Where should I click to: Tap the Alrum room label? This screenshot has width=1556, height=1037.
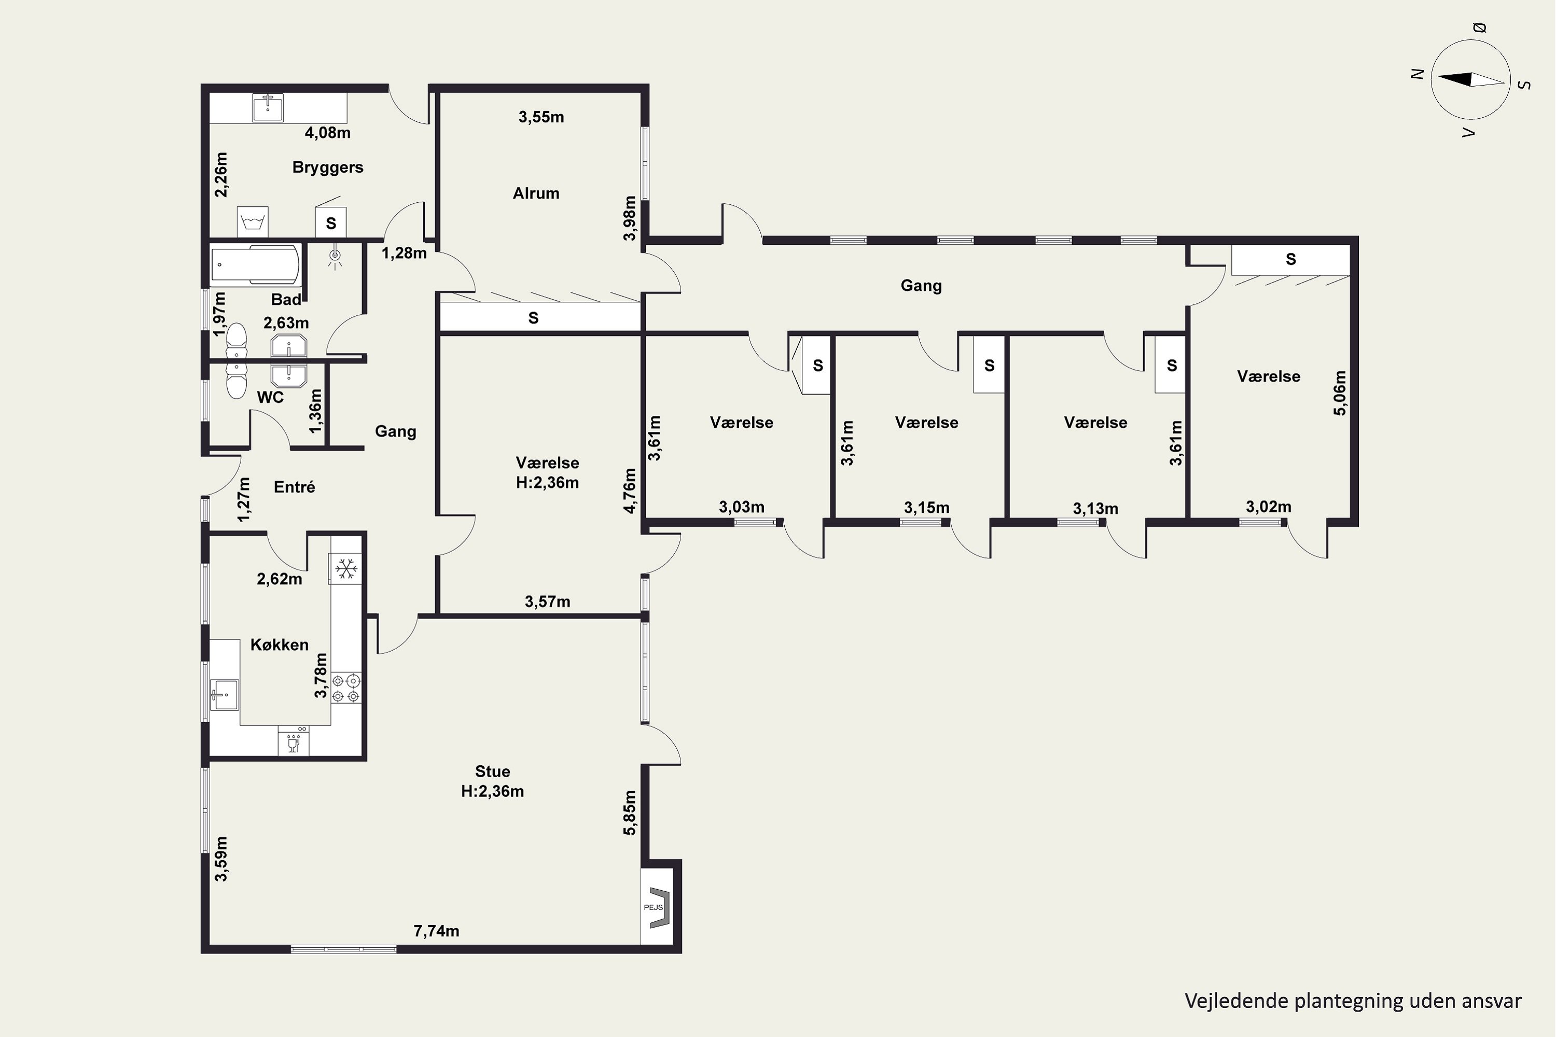tap(536, 193)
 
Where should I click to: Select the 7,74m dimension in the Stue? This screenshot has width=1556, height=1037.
tap(436, 931)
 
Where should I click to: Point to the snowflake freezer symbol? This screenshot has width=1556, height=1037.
tap(346, 568)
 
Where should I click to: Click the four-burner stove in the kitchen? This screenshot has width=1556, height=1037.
tap(346, 688)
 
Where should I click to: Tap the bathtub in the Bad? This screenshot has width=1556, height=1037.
tap(255, 264)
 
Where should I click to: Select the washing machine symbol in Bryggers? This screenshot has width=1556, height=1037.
tap(253, 221)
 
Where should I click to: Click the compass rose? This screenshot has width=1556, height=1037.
tap(1470, 80)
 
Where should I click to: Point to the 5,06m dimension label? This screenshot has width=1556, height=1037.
tap(1340, 393)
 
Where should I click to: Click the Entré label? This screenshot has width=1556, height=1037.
tap(295, 487)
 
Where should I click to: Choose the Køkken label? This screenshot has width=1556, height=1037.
tap(279, 645)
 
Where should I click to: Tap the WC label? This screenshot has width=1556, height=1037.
tap(270, 398)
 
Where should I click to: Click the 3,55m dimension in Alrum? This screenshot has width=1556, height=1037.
tap(541, 117)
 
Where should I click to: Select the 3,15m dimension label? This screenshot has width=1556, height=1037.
tap(926, 508)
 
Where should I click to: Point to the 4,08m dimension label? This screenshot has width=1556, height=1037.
tap(327, 133)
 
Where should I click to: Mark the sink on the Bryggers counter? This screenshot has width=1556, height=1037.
tap(268, 108)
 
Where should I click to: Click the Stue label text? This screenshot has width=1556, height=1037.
tap(492, 772)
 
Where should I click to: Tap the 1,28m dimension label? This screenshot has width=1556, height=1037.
tap(404, 254)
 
